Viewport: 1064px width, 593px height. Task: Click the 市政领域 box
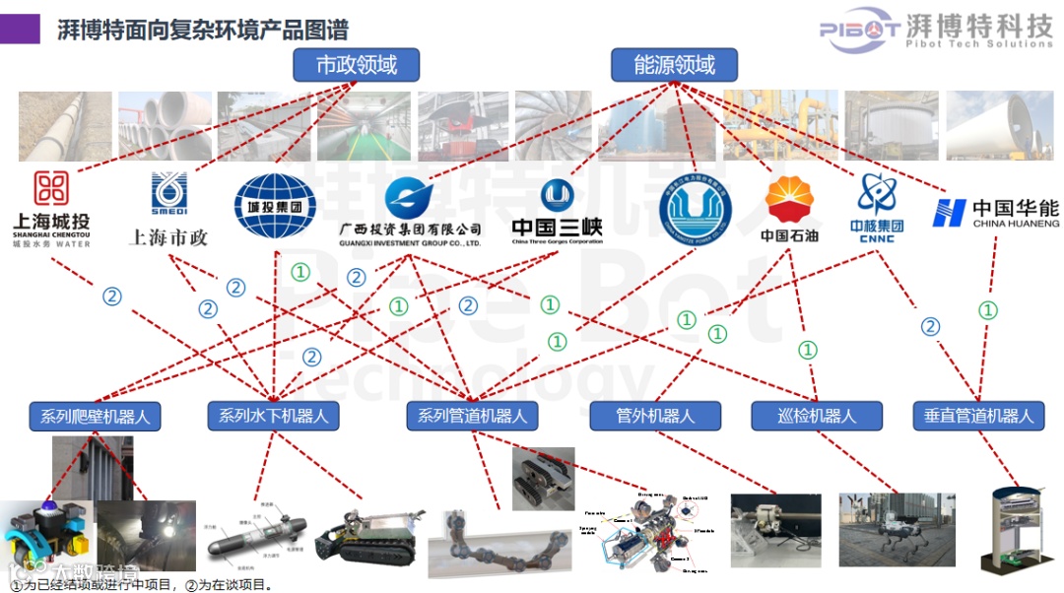[356, 66]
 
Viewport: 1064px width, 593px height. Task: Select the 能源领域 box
[676, 66]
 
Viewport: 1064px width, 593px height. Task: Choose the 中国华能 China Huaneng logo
[995, 212]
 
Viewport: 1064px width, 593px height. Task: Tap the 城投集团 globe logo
[275, 204]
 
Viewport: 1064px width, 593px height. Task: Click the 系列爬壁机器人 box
[96, 417]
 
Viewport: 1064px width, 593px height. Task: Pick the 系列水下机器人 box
[274, 416]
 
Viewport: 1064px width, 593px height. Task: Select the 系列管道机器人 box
[472, 416]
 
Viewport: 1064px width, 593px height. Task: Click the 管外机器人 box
[655, 416]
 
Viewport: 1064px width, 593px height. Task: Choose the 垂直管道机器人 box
[978, 416]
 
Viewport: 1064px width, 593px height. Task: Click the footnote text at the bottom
[138, 585]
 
